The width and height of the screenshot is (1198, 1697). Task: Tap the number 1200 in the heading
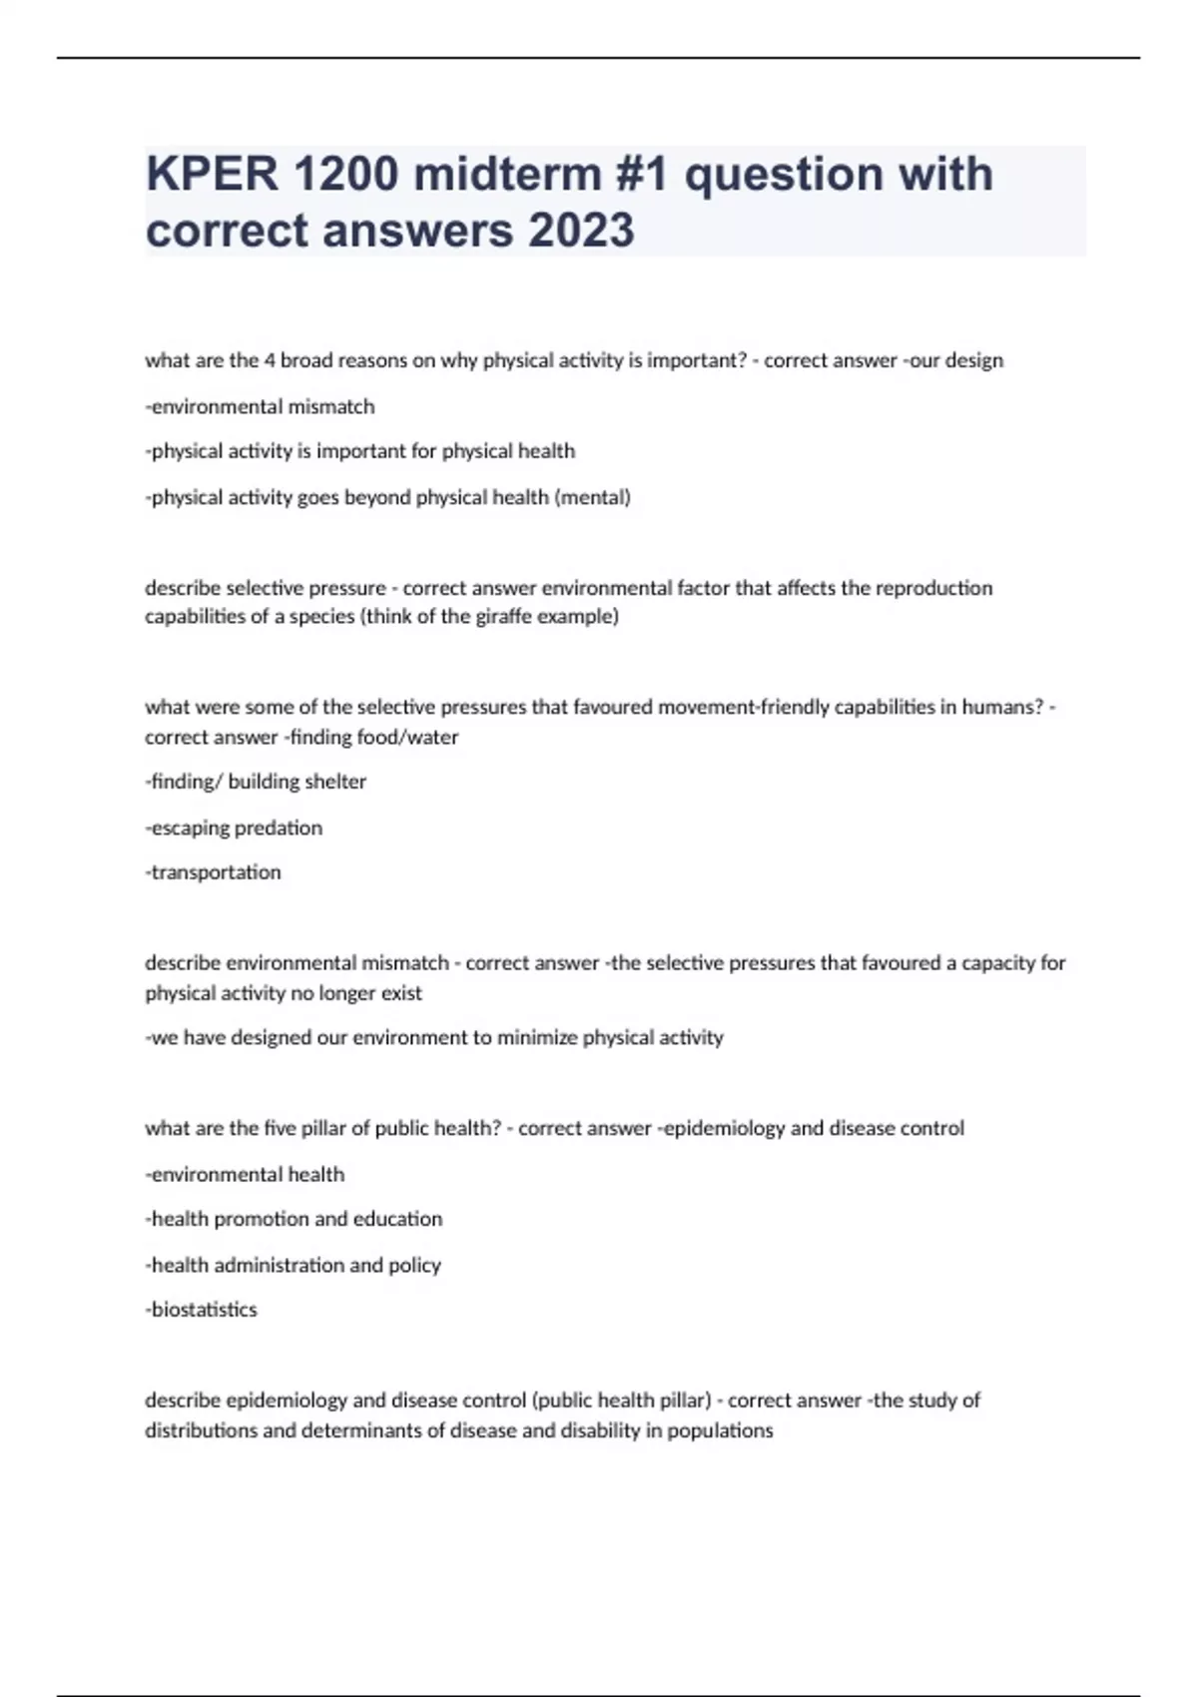click(345, 174)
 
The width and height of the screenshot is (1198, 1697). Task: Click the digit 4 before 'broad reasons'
click(270, 360)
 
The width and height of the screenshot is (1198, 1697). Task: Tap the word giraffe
click(497, 617)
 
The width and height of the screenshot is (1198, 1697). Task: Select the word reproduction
click(934, 588)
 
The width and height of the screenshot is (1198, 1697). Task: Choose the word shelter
click(331, 782)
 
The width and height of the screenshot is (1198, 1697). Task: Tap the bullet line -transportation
click(214, 872)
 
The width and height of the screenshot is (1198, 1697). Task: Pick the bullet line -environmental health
click(246, 1175)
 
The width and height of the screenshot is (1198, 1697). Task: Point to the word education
click(398, 1219)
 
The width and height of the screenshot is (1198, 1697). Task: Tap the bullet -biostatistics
click(202, 1310)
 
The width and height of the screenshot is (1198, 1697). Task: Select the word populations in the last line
click(720, 1430)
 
